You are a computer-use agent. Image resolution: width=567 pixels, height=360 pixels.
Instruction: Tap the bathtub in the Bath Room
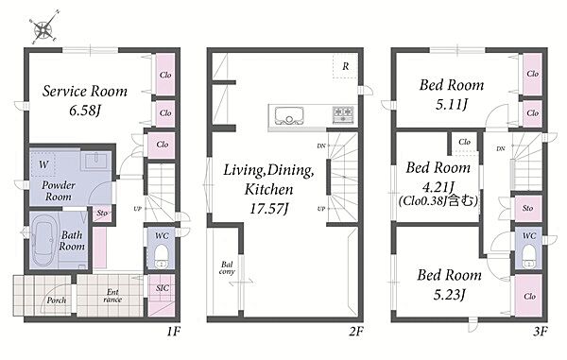click(x=43, y=240)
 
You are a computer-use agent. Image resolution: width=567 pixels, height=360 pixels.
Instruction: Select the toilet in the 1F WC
click(x=162, y=256)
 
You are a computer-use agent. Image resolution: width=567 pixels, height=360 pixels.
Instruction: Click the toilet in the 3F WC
click(x=528, y=256)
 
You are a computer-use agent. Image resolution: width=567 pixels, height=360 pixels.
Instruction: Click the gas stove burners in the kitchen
click(x=343, y=115)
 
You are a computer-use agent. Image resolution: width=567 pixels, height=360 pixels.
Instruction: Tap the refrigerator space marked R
click(x=346, y=66)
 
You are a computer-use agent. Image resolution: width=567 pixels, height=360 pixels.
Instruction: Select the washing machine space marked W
click(x=43, y=164)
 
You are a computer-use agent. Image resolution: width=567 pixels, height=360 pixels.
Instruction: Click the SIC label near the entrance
click(x=163, y=287)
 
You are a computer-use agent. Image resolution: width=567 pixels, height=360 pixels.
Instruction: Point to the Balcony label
click(x=227, y=267)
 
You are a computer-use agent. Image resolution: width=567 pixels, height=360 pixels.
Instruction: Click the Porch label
click(x=57, y=300)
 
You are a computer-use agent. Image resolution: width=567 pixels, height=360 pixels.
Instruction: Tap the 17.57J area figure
click(x=269, y=209)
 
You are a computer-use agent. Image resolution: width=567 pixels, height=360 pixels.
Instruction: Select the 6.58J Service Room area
click(x=84, y=111)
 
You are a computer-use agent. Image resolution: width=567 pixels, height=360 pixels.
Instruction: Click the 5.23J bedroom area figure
click(x=449, y=295)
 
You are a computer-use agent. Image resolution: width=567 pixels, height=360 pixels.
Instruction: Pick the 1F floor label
click(x=174, y=332)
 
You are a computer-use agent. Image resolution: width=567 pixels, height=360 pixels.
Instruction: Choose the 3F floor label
click(x=541, y=332)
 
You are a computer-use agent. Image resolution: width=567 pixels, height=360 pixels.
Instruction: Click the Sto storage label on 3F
click(x=527, y=208)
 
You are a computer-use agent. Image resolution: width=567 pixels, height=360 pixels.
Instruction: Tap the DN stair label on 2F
click(x=321, y=146)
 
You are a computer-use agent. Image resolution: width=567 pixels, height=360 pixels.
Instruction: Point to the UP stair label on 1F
click(x=137, y=209)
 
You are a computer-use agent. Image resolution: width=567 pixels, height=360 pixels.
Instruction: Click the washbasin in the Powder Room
click(x=95, y=161)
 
